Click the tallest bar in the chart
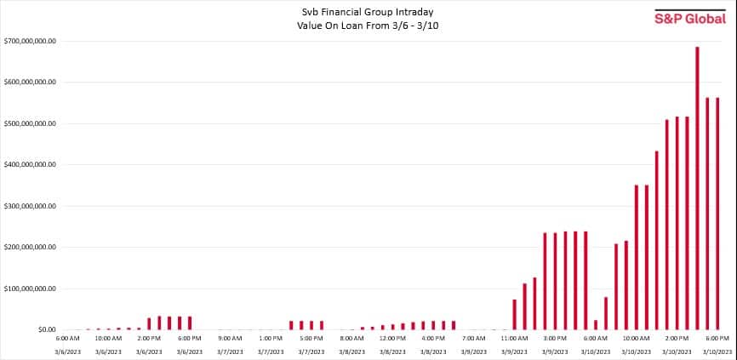click(x=697, y=187)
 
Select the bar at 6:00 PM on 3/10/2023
click(x=717, y=213)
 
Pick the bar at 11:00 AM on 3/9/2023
click(x=515, y=314)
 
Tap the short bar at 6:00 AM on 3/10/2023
click(x=596, y=324)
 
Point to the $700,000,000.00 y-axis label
click(x=30, y=41)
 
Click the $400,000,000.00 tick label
click(x=30, y=164)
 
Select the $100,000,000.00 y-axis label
click(x=30, y=289)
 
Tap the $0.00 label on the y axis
click(x=42, y=329)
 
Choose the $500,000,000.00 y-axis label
click(x=30, y=123)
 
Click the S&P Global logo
click(x=690, y=18)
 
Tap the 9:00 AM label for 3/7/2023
click(x=230, y=339)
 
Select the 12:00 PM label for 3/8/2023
click(x=392, y=339)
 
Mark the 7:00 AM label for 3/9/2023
click(x=474, y=339)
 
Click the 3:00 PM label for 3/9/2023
click(x=555, y=339)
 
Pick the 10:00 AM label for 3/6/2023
click(x=108, y=339)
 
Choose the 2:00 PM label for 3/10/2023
click(x=677, y=339)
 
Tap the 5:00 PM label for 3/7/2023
click(x=311, y=339)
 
